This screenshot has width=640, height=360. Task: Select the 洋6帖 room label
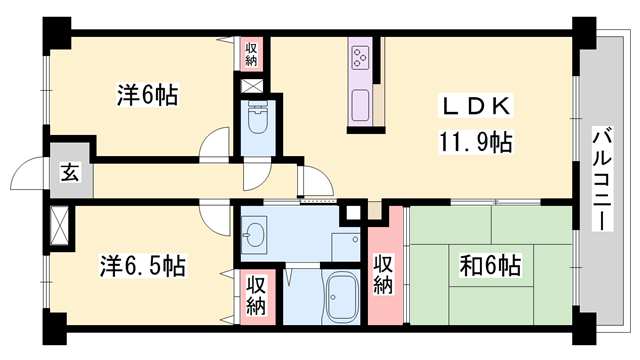147,96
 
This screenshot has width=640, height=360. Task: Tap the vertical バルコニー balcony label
602,180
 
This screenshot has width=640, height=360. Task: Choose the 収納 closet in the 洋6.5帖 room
256,294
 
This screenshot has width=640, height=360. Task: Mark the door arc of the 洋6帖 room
215,146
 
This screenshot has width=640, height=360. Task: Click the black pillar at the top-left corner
55,32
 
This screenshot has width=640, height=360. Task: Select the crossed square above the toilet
253,85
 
